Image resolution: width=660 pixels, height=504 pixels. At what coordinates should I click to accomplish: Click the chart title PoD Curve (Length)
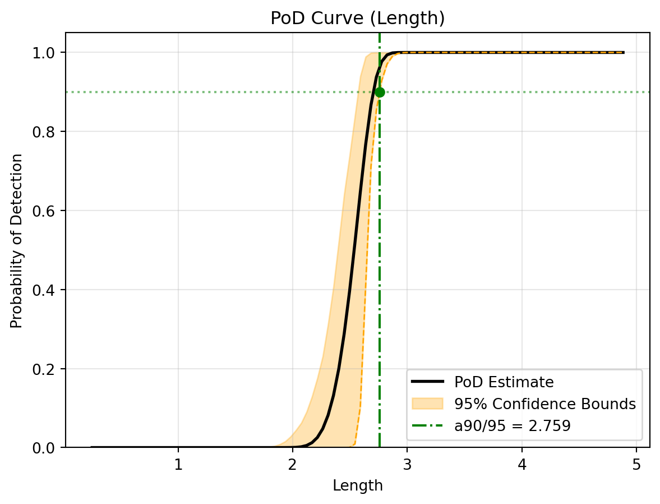(357, 19)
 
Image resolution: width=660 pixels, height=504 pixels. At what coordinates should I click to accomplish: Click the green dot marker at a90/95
(380, 92)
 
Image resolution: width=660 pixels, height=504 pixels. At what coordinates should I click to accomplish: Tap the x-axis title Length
(357, 485)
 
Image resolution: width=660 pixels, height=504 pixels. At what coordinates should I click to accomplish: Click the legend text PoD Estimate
(504, 382)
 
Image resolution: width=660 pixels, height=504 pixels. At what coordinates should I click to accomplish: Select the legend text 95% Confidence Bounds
(544, 404)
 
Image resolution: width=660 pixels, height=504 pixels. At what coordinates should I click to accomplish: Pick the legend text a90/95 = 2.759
(512, 426)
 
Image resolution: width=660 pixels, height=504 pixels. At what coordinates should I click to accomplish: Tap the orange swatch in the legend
(427, 404)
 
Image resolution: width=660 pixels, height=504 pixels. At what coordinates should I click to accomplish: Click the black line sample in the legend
(427, 382)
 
